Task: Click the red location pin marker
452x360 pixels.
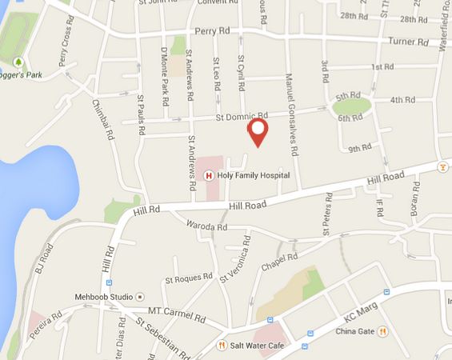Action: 257,132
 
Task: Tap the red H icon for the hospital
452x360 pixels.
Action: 209,175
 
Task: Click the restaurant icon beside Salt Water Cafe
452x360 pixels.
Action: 222,346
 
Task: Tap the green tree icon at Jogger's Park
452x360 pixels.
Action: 18,61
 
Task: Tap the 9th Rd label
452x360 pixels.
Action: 360,148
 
